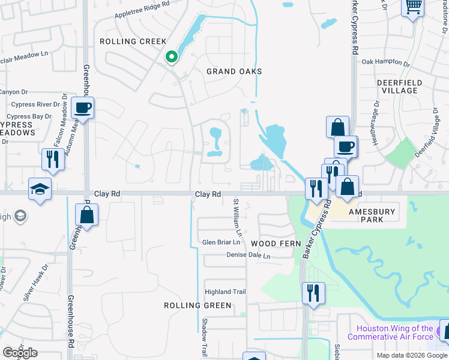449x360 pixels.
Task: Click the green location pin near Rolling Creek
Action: [172, 57]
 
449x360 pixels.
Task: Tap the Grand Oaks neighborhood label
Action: [234, 71]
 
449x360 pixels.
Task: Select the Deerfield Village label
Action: [399, 86]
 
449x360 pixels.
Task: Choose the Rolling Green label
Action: [197, 305]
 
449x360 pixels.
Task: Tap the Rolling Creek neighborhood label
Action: [133, 41]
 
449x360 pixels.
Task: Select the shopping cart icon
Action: [413, 8]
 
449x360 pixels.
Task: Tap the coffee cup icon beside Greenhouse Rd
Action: [83, 108]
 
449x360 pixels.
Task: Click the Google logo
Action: [20, 353]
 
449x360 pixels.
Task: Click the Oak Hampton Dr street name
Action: [385, 62]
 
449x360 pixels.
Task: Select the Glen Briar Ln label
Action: [221, 242]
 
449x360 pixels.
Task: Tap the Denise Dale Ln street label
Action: [249, 256]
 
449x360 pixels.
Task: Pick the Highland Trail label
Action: [226, 292]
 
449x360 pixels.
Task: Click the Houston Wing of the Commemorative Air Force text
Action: [394, 332]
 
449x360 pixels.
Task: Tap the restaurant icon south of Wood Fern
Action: [313, 293]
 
